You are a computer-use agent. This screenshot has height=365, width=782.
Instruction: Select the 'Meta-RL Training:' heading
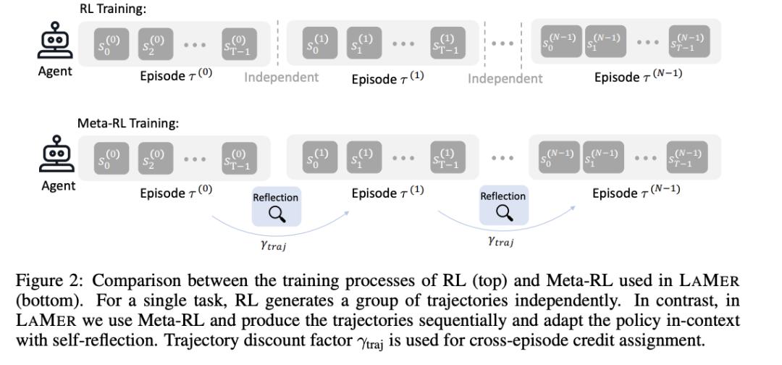[128, 124]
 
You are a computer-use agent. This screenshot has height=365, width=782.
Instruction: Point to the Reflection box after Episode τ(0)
[275, 206]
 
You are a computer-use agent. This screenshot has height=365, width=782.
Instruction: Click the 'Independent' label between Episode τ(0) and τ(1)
[282, 77]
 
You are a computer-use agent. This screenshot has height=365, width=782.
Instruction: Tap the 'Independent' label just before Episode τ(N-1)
[505, 78]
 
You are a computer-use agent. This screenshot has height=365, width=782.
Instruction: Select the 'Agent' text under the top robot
[55, 72]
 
